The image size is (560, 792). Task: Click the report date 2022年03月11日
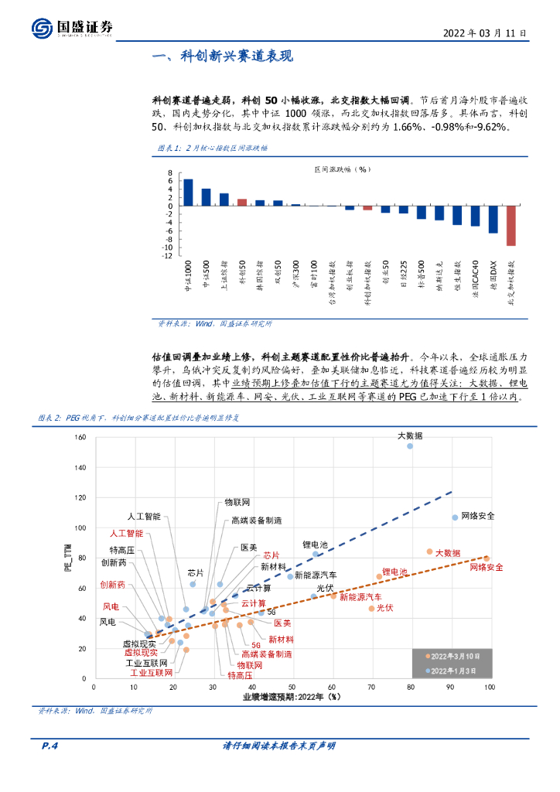(485, 34)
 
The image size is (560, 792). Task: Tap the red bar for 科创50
(242, 202)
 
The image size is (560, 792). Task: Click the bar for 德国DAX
(493, 219)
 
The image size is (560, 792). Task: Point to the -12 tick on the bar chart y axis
(167, 255)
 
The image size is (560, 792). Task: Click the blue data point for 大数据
(410, 446)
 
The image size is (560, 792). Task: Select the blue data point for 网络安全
(455, 517)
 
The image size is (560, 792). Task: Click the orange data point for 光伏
(371, 609)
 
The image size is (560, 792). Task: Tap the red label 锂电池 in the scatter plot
(394, 572)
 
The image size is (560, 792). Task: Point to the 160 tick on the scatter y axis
(80, 438)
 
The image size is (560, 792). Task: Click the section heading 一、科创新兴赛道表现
(223, 57)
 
